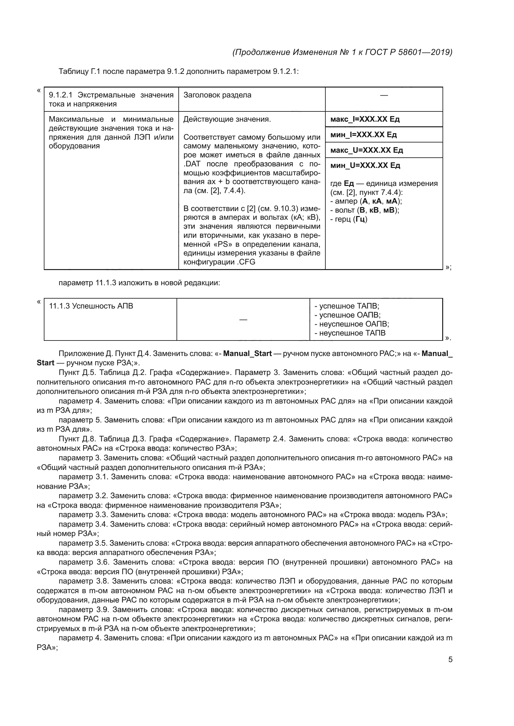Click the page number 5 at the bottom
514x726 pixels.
coord(450,660)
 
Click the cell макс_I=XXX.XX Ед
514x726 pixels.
coord(365,119)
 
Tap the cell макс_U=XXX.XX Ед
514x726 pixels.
coord(366,150)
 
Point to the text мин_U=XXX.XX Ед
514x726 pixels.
coord(365,165)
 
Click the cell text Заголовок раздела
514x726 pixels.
coord(217,95)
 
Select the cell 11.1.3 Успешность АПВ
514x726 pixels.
coord(91,306)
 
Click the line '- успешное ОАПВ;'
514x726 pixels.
coord(347,315)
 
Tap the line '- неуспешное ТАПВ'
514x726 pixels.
coord(350,333)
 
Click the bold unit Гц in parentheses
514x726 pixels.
coord(360,219)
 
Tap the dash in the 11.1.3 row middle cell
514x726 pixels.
coord(243,320)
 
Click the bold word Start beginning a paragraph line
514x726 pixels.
coord(45,363)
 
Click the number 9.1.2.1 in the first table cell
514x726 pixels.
coord(61,95)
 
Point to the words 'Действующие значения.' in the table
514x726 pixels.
coord(227,119)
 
